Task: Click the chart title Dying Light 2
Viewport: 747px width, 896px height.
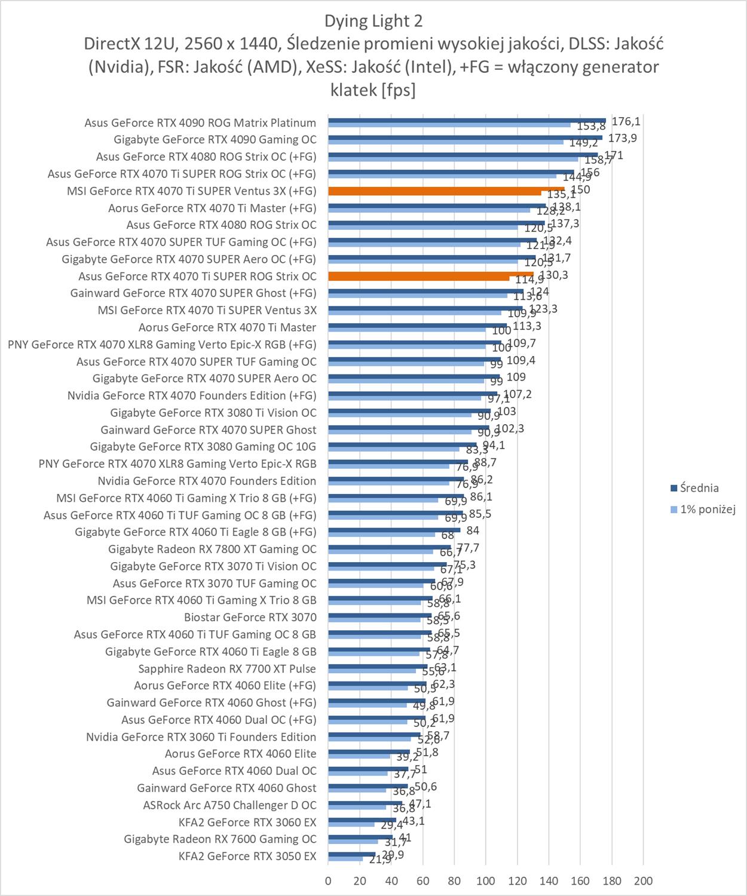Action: coord(373,22)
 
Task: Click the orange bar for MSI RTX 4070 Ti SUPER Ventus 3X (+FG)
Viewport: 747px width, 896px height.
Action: coord(446,191)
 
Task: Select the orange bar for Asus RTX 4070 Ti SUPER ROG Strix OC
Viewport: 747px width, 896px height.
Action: coord(430,275)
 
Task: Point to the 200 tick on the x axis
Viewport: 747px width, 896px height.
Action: coord(643,880)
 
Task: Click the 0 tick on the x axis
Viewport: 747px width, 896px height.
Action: coord(328,880)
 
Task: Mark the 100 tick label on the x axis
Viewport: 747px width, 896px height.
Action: coord(485,880)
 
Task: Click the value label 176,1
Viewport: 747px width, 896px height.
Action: coord(626,121)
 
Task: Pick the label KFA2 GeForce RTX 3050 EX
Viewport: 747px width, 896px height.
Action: coord(247,856)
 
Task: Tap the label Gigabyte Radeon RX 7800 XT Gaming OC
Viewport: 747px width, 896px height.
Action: coord(212,549)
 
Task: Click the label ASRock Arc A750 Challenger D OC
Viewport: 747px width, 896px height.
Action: coord(229,805)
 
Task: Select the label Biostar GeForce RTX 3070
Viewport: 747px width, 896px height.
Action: coord(250,617)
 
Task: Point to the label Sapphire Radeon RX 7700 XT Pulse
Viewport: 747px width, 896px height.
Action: coord(227,668)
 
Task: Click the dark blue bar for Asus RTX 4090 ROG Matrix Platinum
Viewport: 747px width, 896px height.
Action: coord(466,120)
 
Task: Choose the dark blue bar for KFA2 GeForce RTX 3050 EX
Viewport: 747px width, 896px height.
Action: coord(351,854)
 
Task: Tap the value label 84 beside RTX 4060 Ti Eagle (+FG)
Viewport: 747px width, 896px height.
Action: coord(473,530)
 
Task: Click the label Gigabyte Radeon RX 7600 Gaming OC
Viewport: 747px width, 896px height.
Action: coord(220,839)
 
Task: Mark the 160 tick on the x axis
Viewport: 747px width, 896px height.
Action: coord(580,880)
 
